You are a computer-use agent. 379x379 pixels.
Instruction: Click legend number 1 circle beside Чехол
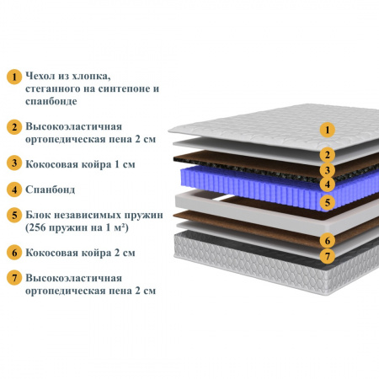pyautogui.click(x=14, y=77)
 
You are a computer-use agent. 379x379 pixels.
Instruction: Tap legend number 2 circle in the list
pyautogui.click(x=14, y=127)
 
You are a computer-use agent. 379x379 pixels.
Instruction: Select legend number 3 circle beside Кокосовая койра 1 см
pyautogui.click(x=14, y=163)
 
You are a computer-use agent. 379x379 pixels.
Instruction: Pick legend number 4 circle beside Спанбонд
pyautogui.click(x=14, y=189)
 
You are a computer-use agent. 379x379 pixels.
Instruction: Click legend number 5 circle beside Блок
pyautogui.click(x=14, y=216)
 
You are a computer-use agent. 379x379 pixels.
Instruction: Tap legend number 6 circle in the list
pyautogui.click(x=14, y=253)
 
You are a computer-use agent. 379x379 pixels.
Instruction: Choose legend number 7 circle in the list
pyautogui.click(x=14, y=278)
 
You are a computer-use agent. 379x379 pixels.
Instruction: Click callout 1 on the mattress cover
pyautogui.click(x=328, y=130)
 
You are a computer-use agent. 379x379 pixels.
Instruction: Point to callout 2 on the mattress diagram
pyautogui.click(x=328, y=155)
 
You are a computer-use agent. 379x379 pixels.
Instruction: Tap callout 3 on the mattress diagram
pyautogui.click(x=328, y=170)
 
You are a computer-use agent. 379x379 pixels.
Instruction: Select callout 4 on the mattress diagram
pyautogui.click(x=328, y=184)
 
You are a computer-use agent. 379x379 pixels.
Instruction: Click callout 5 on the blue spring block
pyautogui.click(x=328, y=202)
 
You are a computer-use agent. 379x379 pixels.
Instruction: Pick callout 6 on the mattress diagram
pyautogui.click(x=328, y=241)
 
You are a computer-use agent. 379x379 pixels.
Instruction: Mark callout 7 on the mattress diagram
pyautogui.click(x=328, y=256)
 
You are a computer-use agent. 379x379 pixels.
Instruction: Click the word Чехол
pyautogui.click(x=40, y=76)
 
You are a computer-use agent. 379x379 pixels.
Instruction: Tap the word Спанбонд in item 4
pyautogui.click(x=51, y=189)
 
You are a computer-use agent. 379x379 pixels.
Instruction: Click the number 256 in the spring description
pyautogui.click(x=37, y=227)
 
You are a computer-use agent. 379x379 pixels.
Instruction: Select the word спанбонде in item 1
pyautogui.click(x=51, y=101)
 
